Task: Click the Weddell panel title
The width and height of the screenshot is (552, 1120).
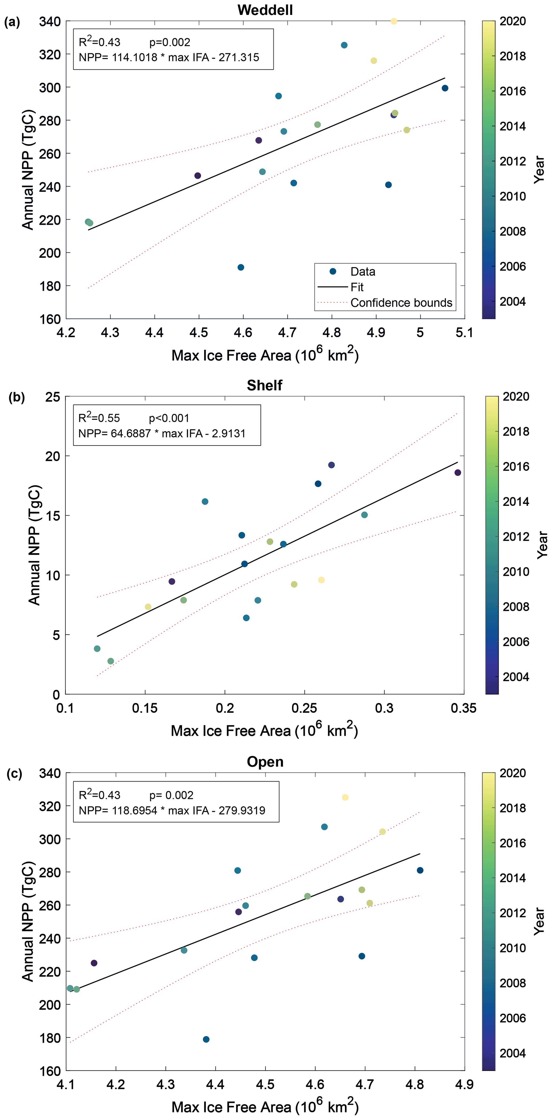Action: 265,10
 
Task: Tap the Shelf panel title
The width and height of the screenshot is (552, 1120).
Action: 264,385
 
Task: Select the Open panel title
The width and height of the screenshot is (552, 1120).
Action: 265,762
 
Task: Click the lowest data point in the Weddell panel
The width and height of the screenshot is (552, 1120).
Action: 241,268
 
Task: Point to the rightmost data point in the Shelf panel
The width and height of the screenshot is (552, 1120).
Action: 458,473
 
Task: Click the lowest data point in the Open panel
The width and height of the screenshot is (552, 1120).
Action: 206,1039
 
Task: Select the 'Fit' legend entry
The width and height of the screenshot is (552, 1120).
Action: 357,287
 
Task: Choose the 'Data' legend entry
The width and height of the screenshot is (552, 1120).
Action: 363,272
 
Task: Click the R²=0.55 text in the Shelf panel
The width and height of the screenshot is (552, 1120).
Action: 99,418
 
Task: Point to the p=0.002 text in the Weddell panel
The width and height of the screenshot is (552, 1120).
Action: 170,42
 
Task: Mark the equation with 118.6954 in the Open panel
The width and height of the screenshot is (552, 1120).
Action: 172,811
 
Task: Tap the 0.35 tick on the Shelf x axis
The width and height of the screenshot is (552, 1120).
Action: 464,708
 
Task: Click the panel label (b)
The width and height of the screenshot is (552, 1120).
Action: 17,397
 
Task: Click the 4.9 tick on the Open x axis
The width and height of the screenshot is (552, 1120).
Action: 464,1084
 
